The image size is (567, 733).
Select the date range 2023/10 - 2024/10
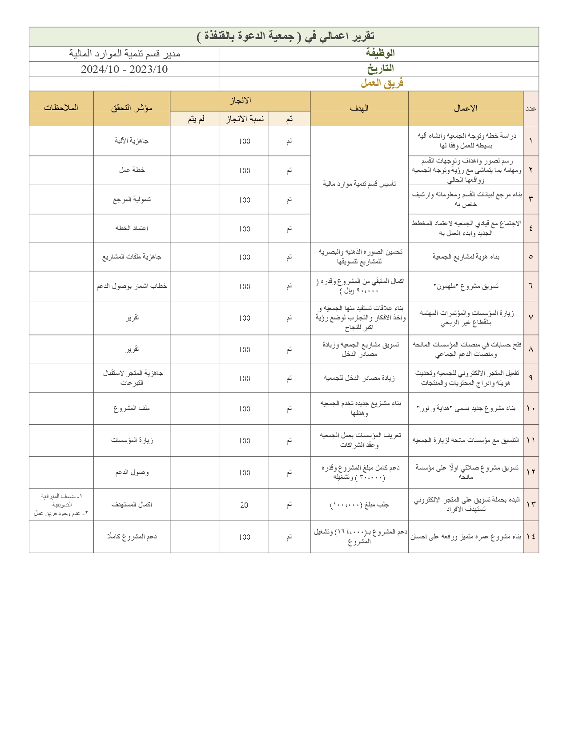(125, 69)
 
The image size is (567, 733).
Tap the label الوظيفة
(380, 53)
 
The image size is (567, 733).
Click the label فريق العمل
(382, 83)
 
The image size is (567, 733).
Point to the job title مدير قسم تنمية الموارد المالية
(125, 54)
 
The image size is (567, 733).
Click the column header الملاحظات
(61, 108)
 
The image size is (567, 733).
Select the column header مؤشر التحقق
(132, 108)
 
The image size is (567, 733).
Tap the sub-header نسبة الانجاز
(244, 119)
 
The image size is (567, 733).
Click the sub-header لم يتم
(195, 119)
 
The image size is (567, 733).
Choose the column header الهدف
(359, 108)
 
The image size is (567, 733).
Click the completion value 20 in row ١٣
(244, 505)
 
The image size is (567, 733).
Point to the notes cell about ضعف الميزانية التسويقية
(61, 505)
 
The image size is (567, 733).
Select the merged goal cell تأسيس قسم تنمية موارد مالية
(359, 184)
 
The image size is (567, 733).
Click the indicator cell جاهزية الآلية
(132, 141)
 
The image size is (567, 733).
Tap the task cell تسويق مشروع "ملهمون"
(466, 286)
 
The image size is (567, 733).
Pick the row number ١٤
(531, 537)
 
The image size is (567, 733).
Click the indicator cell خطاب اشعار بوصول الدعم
(132, 286)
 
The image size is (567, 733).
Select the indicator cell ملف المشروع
(132, 408)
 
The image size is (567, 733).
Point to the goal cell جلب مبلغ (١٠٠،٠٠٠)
(359, 505)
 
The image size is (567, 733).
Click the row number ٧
(531, 318)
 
